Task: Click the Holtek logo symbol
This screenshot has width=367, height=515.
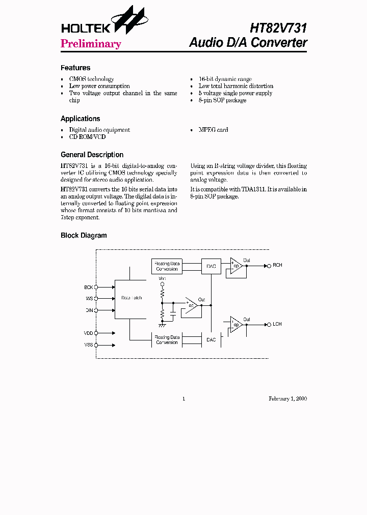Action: tap(129, 21)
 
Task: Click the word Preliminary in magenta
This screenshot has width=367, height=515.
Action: tap(91, 44)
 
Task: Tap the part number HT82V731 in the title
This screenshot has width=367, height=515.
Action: tap(278, 27)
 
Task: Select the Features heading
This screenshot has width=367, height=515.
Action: tap(75, 68)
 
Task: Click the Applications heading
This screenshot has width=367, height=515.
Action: tap(81, 119)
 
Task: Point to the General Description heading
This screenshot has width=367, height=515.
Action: tap(92, 155)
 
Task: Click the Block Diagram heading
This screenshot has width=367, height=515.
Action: tap(84, 236)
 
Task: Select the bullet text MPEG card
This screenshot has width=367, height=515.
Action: tap(213, 130)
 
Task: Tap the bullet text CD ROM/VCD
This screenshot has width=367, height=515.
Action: tap(87, 137)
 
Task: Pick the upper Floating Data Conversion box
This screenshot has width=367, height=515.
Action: tap(167, 266)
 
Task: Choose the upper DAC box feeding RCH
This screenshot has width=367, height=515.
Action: tap(211, 266)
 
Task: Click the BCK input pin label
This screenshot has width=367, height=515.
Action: tap(89, 288)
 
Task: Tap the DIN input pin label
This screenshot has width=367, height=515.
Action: tap(89, 310)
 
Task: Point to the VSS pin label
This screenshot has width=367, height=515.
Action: tap(89, 345)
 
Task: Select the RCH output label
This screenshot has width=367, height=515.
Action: tap(277, 266)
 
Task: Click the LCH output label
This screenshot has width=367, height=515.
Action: tap(277, 324)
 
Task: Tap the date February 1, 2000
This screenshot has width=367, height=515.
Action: tap(287, 399)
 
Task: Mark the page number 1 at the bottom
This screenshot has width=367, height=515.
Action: tap(183, 399)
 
